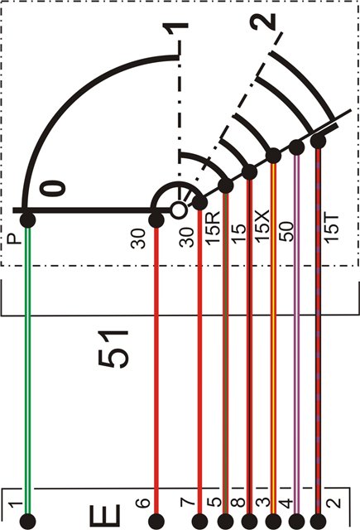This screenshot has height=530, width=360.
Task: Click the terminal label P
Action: click(13, 239)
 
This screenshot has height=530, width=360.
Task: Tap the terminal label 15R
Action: click(214, 228)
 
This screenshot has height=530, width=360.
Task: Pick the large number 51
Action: click(113, 349)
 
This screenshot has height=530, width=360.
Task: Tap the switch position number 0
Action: click(53, 188)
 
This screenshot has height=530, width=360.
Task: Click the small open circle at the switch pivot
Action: click(178, 210)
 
